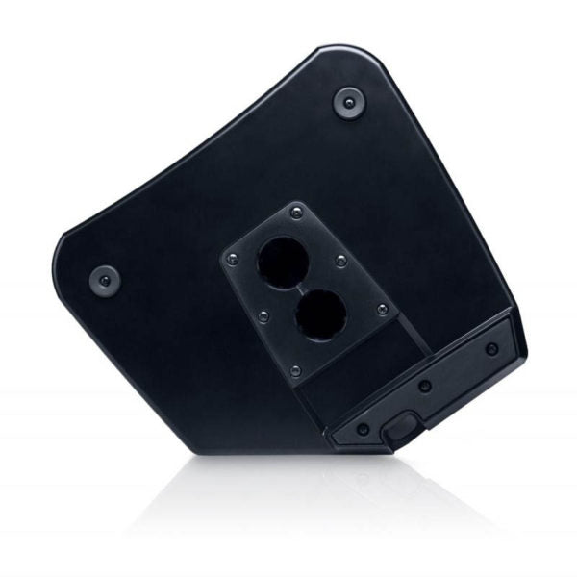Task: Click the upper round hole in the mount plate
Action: click(281, 260)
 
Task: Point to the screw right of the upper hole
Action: click(340, 259)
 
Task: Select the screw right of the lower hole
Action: click(382, 309)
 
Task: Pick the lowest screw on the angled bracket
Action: click(362, 429)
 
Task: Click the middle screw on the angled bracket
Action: click(425, 387)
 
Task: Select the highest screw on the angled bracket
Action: click(491, 348)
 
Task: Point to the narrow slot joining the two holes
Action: click(301, 288)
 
